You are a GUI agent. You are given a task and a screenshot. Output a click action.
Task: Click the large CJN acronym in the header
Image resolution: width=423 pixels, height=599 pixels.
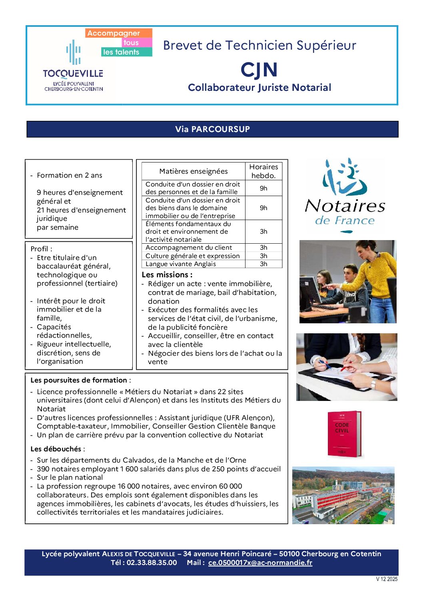(x=259, y=70)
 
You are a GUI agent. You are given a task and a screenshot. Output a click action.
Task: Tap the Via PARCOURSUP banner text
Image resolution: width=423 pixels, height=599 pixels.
(x=212, y=129)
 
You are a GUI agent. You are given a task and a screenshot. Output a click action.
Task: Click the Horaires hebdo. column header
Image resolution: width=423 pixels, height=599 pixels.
(x=263, y=171)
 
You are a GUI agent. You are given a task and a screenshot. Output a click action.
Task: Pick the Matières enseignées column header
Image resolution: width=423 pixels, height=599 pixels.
(x=194, y=171)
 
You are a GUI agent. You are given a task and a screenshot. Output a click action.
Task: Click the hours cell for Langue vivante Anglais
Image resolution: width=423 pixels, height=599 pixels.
(x=263, y=264)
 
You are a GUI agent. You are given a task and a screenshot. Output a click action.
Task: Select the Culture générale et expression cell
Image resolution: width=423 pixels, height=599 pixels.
(x=193, y=256)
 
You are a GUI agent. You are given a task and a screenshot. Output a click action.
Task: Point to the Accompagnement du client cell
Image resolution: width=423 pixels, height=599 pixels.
(x=189, y=248)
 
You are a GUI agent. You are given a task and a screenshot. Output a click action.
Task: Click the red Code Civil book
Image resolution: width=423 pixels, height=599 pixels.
(x=343, y=434)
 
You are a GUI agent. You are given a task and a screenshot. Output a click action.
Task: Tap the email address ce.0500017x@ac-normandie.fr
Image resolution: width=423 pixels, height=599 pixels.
(x=260, y=563)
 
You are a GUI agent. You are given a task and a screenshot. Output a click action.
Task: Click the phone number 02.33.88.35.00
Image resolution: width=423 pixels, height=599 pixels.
(x=152, y=563)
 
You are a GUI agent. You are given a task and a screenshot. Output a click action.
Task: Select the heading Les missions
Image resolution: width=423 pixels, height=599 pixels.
(x=167, y=275)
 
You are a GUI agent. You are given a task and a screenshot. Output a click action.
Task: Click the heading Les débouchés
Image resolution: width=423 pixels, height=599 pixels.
(x=56, y=449)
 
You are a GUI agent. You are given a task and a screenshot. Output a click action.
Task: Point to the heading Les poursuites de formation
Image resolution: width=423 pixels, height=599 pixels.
(x=79, y=380)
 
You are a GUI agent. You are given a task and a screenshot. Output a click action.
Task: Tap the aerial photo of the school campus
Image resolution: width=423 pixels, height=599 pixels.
(x=343, y=495)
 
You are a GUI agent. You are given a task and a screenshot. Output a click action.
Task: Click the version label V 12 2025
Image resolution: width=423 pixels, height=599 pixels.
(x=387, y=579)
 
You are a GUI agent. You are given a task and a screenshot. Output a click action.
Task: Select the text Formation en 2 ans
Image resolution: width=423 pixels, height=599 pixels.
(x=70, y=175)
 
